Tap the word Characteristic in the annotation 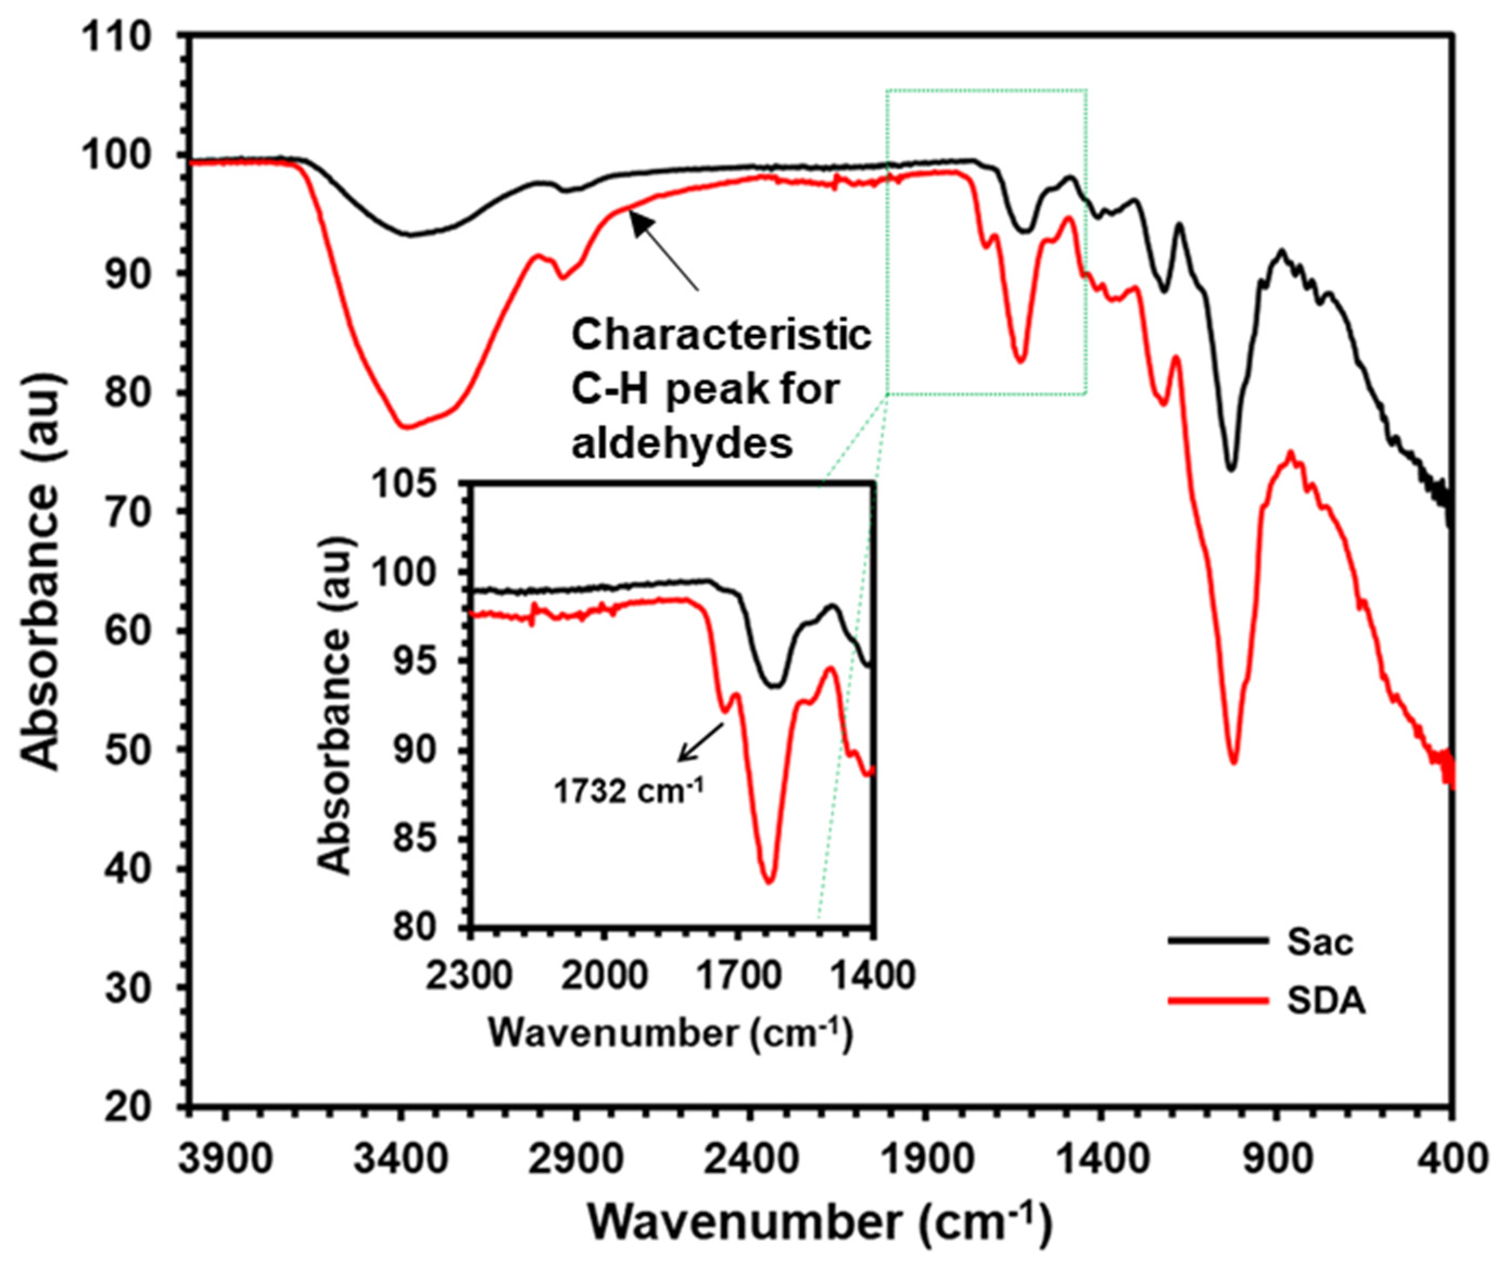click(721, 334)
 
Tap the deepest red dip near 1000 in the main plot click(1233, 763)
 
